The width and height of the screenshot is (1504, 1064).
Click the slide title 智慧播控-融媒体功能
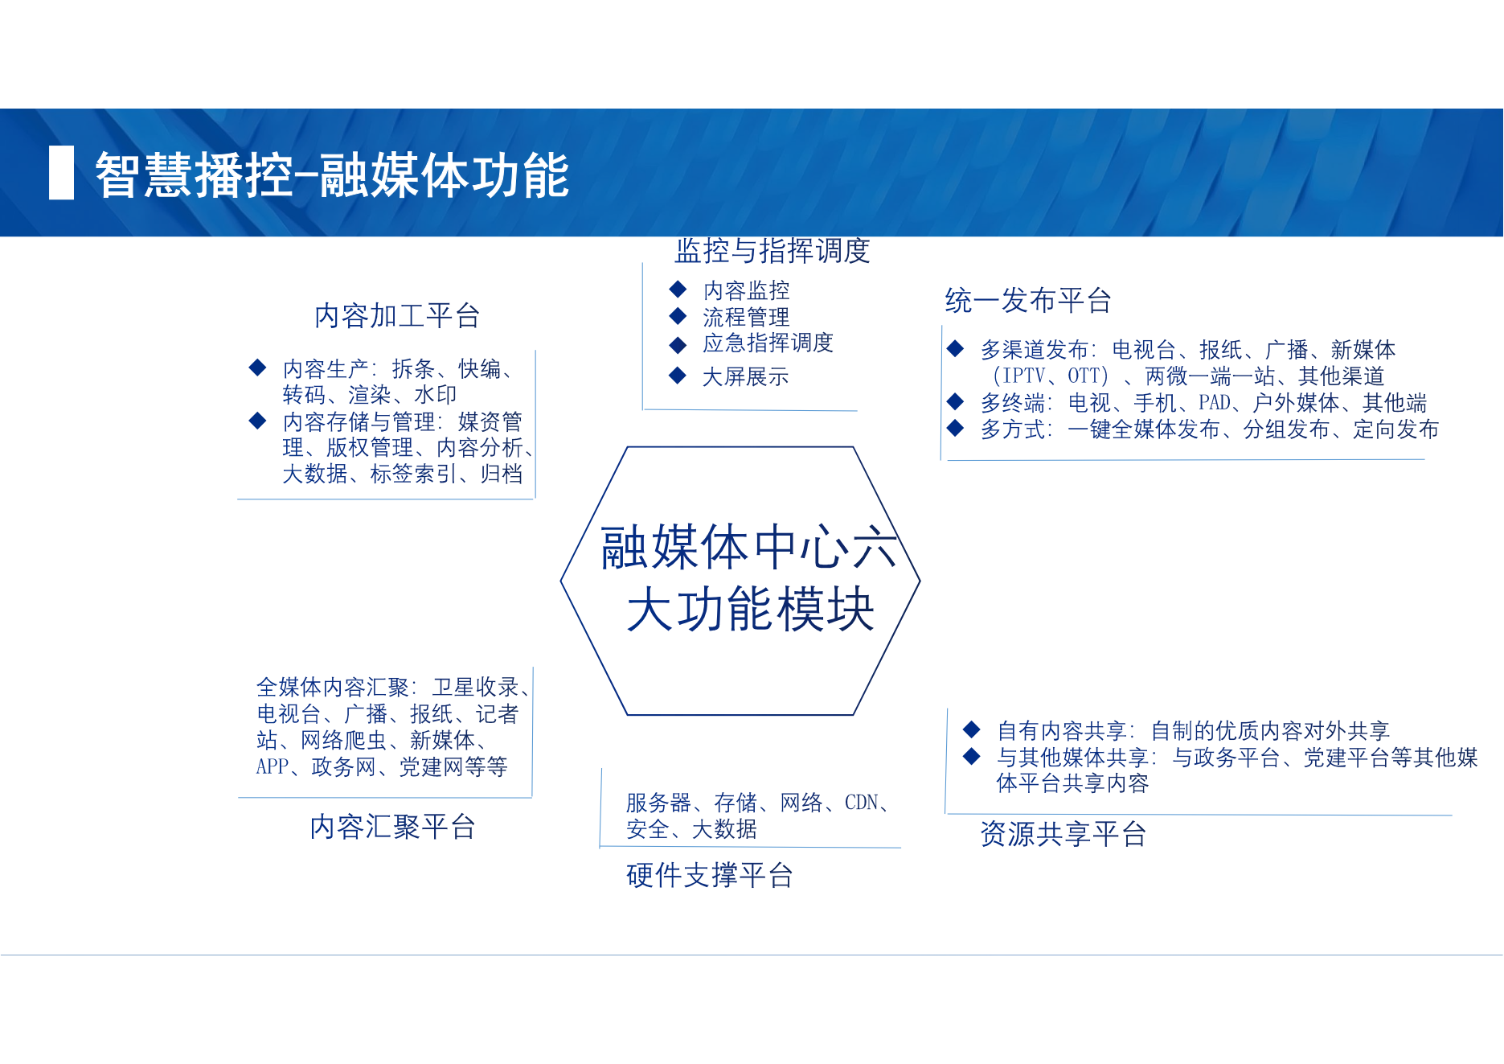click(x=332, y=175)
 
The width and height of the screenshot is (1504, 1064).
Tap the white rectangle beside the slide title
click(x=61, y=172)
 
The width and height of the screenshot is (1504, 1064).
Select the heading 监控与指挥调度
click(x=772, y=250)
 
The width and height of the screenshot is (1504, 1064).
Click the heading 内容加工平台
click(x=397, y=315)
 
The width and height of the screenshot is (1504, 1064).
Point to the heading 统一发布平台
click(x=1028, y=300)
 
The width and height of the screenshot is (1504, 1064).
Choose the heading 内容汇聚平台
click(x=393, y=826)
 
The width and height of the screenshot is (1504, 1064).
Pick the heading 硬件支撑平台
click(x=710, y=874)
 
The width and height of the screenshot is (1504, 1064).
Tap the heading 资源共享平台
click(x=1063, y=833)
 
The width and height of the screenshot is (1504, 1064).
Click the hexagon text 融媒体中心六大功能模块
click(x=749, y=577)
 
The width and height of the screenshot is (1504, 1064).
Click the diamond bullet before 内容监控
click(x=678, y=289)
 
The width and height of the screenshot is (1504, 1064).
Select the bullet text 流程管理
click(x=746, y=316)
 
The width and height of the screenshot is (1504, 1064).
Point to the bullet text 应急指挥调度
click(x=768, y=343)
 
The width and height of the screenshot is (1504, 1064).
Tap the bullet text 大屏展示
click(x=745, y=376)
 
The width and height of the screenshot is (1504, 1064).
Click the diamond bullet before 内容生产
click(x=257, y=368)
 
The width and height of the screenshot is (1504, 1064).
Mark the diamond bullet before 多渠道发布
click(x=955, y=348)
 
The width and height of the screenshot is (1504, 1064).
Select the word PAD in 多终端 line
click(x=1215, y=402)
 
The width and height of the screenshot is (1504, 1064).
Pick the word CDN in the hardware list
click(x=861, y=802)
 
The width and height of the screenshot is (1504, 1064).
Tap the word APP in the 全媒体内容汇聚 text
click(x=273, y=766)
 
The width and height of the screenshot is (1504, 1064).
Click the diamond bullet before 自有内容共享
click(x=971, y=729)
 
